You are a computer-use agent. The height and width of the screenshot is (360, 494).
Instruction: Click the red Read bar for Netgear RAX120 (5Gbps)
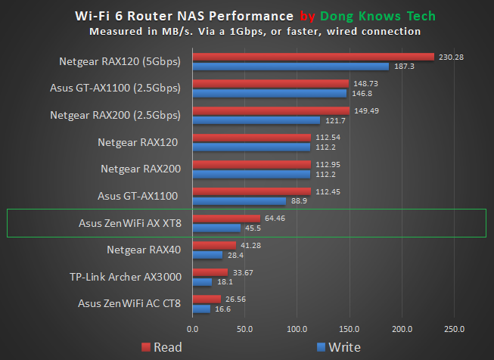pyautogui.click(x=313, y=57)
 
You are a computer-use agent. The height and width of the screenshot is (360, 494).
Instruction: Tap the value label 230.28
pyautogui.click(x=450, y=57)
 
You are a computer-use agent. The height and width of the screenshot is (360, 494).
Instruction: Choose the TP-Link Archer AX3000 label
pyautogui.click(x=126, y=277)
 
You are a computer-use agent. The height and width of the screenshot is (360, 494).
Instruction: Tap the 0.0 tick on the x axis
pyautogui.click(x=193, y=329)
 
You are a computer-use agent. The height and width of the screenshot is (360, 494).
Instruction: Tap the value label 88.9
pyautogui.click(x=300, y=201)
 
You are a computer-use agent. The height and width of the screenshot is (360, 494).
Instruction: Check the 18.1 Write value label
pyautogui.click(x=226, y=282)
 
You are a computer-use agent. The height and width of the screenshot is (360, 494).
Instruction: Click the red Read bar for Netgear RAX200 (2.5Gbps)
pyautogui.click(x=271, y=110)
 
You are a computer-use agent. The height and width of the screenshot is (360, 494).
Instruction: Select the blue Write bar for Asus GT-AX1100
pyautogui.click(x=239, y=201)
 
